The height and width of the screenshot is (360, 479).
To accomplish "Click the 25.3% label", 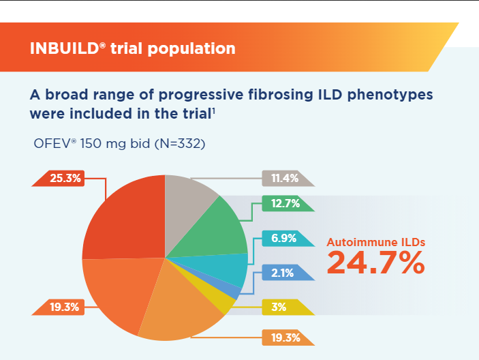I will (x=65, y=179).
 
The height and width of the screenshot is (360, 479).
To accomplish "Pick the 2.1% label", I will (x=281, y=273).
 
